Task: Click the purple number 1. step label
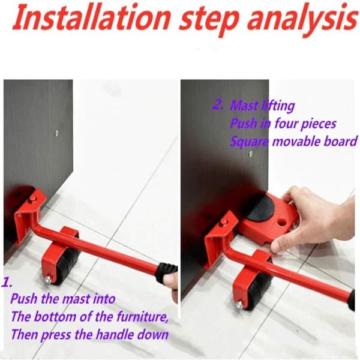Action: pyautogui.click(x=7, y=282)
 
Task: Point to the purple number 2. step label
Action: pyautogui.click(x=218, y=104)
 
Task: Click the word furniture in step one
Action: pyautogui.click(x=142, y=316)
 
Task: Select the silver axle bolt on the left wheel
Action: pyautogui.click(x=48, y=280)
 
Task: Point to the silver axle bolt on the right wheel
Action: pyautogui.click(x=239, y=305)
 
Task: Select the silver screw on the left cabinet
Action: pyautogui.click(x=56, y=133)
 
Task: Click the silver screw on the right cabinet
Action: pyautogui.click(x=251, y=154)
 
